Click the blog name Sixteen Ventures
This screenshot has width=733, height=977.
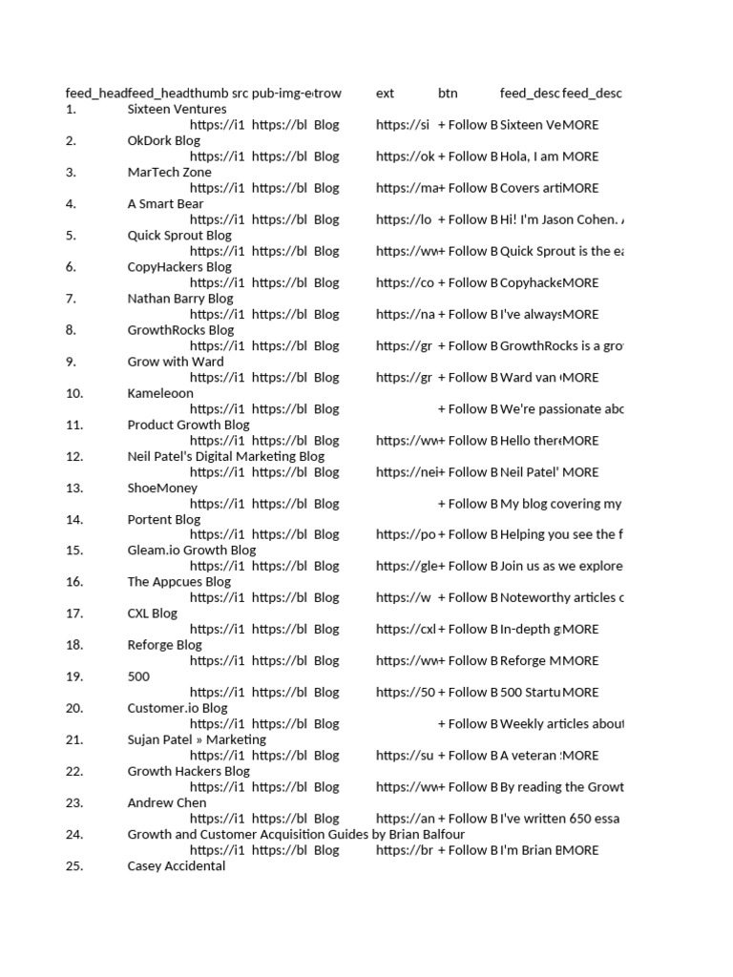click(x=177, y=109)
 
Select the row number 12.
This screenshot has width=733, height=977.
click(x=75, y=456)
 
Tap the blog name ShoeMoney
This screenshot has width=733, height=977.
click(x=162, y=488)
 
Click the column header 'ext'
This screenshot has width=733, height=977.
click(x=385, y=93)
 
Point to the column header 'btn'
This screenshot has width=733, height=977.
click(x=448, y=93)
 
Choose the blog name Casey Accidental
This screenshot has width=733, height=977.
click(x=177, y=866)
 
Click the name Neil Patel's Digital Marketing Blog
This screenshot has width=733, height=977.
click(x=225, y=456)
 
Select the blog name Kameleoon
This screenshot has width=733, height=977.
click(x=160, y=393)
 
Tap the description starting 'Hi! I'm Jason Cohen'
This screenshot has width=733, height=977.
click(x=561, y=219)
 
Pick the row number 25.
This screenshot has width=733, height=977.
click(x=75, y=866)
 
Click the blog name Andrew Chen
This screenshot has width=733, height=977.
click(x=166, y=803)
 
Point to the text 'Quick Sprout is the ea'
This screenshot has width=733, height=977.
click(x=561, y=251)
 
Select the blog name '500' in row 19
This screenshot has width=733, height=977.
click(x=138, y=676)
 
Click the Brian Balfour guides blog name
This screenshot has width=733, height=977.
click(x=296, y=835)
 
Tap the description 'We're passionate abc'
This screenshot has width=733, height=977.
click(x=561, y=408)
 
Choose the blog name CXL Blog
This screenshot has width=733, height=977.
click(x=153, y=613)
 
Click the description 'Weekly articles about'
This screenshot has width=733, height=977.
click(x=561, y=723)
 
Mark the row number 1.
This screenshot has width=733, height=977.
click(x=71, y=109)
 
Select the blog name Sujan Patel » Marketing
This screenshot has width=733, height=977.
click(x=197, y=739)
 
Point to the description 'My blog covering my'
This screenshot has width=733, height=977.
click(x=561, y=503)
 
